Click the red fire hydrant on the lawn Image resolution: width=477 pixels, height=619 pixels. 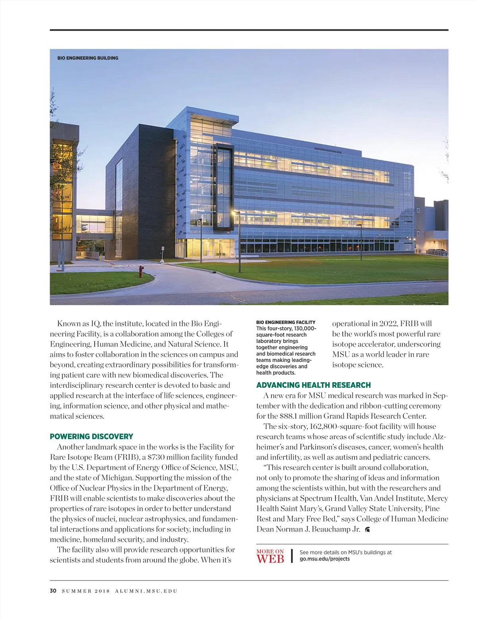click(140, 271)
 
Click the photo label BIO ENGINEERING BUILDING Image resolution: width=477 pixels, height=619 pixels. click(88, 58)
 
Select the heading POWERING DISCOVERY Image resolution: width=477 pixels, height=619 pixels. click(91, 436)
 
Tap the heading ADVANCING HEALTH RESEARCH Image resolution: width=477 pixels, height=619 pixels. click(314, 385)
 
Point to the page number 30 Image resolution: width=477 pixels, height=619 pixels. click(53, 591)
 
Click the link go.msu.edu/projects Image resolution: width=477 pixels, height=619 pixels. click(324, 559)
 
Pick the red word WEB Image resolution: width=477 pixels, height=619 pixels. click(270, 559)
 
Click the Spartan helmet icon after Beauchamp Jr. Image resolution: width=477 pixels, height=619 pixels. click(368, 529)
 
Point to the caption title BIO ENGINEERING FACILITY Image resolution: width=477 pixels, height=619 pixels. click(286, 322)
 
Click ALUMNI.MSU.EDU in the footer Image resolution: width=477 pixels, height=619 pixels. click(146, 591)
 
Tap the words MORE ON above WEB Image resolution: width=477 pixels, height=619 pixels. click(270, 551)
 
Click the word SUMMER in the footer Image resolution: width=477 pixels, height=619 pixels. click(76, 591)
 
